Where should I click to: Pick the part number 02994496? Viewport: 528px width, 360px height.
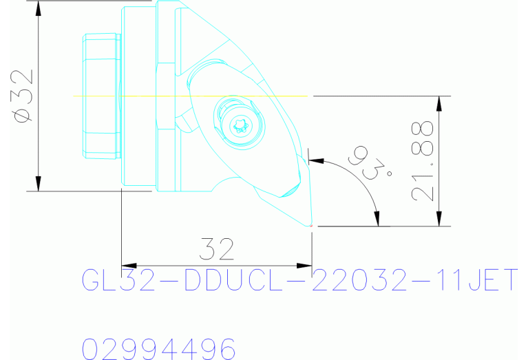coord(159,349)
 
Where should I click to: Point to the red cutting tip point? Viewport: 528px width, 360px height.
coord(312,226)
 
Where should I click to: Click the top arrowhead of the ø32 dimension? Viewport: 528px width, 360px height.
coord(39,8)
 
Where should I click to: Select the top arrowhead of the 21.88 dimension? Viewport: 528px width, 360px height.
coord(439,103)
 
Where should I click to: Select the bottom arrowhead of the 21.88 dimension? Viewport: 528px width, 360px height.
coord(439,218)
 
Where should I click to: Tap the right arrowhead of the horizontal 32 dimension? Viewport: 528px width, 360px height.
coord(304,265)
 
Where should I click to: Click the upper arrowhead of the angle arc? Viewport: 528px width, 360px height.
coord(317,160)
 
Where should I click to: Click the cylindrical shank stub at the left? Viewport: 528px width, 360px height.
coord(100,96)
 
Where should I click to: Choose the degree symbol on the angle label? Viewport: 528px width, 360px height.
coord(390,173)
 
